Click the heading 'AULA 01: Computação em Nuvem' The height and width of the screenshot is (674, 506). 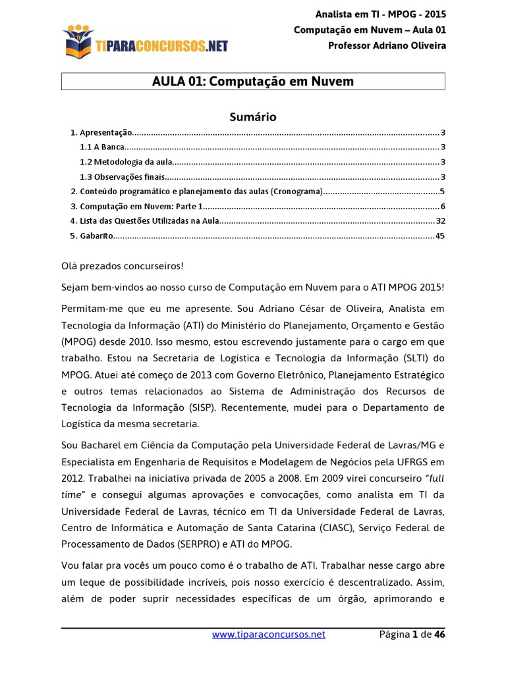pyautogui.click(x=253, y=81)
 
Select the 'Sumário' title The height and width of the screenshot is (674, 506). pyautogui.click(x=253, y=117)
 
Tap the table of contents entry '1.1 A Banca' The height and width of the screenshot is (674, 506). pyautogui.click(x=101, y=147)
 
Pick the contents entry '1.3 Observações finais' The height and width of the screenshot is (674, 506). pyautogui.click(x=122, y=177)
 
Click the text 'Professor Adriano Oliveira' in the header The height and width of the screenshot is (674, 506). pyautogui.click(x=387, y=45)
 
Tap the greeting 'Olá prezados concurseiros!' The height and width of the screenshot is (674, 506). pyautogui.click(x=123, y=266)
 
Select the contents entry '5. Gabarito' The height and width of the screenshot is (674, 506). pyautogui.click(x=92, y=236)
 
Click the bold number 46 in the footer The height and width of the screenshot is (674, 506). pyautogui.click(x=439, y=635)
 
